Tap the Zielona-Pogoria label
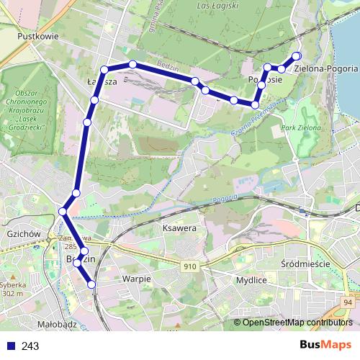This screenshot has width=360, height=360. click(331, 68)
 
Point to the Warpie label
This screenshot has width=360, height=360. click(136, 278)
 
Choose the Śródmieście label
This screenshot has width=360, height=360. click(305, 264)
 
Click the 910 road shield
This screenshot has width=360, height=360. click(190, 266)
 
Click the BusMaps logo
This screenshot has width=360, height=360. click(325, 344)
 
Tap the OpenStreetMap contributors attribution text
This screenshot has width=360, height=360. click(297, 323)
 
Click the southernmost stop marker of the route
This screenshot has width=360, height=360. click(91, 285)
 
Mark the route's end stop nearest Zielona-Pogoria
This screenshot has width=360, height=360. click(295, 56)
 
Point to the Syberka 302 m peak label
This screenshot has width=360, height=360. click(14, 289)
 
